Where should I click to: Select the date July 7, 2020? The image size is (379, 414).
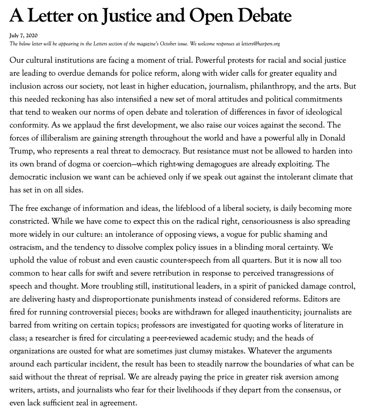tap(23, 36)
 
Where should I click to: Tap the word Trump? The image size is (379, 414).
tap(21, 151)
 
